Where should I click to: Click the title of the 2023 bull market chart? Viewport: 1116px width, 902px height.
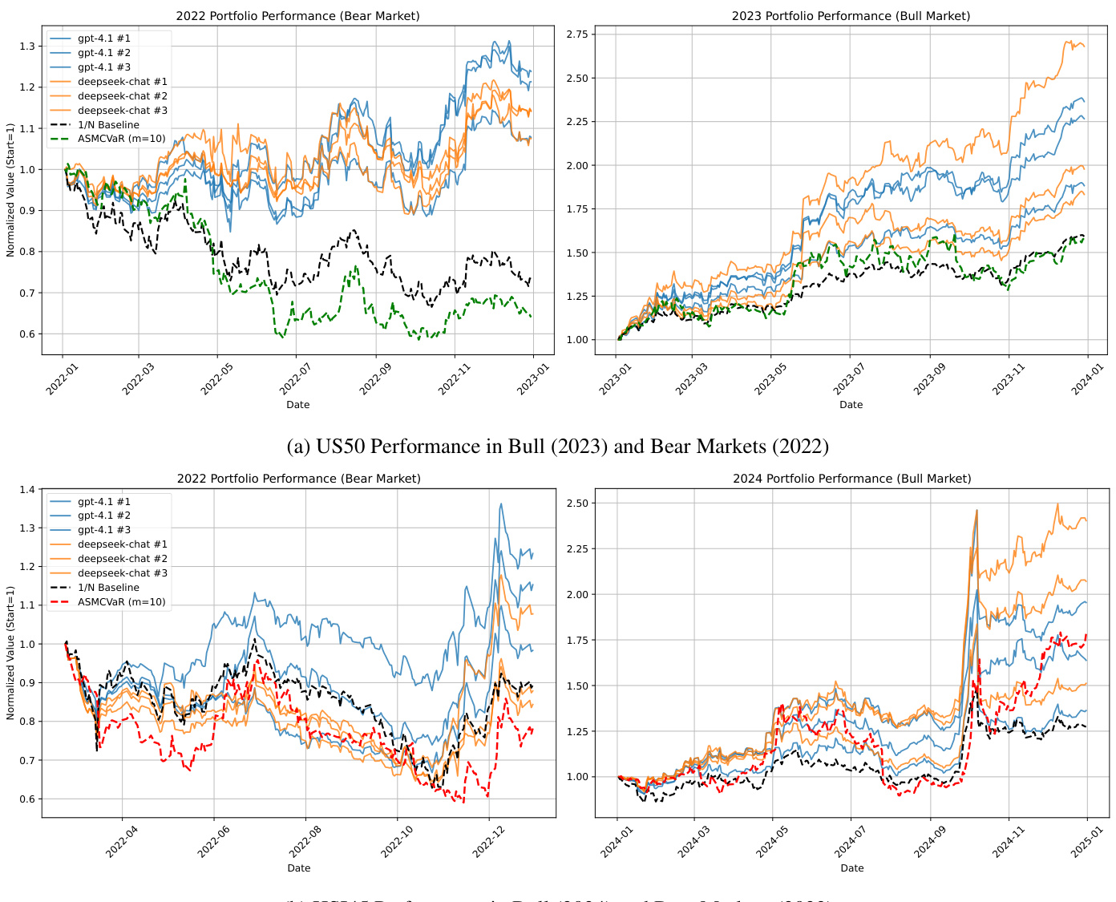(851, 16)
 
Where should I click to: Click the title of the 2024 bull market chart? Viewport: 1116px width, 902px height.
(851, 479)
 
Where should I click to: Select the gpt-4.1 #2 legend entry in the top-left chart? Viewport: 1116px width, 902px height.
(103, 53)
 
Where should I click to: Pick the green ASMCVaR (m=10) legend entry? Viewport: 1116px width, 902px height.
(121, 139)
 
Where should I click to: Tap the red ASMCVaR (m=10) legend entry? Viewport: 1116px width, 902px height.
(121, 602)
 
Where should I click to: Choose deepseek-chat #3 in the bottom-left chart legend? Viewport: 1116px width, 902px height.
(122, 573)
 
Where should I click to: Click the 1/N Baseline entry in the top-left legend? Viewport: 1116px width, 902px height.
(108, 125)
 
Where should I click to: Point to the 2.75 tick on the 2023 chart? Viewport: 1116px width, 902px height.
(576, 34)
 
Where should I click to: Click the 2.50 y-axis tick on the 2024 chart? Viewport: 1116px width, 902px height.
(576, 504)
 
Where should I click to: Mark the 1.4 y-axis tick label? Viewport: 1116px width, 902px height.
(27, 490)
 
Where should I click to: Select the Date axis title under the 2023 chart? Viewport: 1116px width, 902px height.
(851, 405)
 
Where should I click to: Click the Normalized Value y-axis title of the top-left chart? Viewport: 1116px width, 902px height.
(10, 190)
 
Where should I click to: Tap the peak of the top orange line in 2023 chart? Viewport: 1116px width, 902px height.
(1070, 42)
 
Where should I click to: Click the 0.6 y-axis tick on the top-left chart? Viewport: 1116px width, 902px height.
(27, 334)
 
